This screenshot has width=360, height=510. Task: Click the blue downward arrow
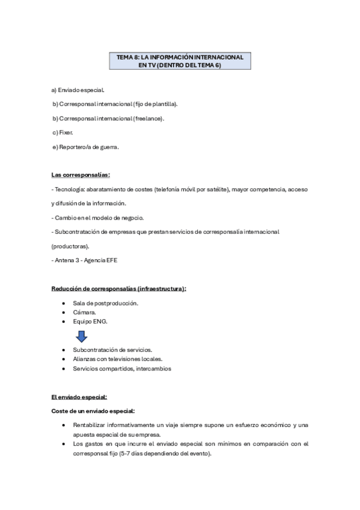click(82, 337)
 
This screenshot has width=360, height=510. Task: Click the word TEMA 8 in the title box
click(127, 57)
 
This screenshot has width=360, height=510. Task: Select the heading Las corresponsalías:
click(81, 174)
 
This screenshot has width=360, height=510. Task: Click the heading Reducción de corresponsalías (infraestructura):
click(118, 289)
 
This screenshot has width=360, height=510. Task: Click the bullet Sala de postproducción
click(105, 303)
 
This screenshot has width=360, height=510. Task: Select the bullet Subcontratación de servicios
click(112, 349)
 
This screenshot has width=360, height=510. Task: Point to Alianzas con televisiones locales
click(117, 359)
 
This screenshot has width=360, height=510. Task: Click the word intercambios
click(153, 369)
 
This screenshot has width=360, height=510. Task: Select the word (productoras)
click(71, 246)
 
